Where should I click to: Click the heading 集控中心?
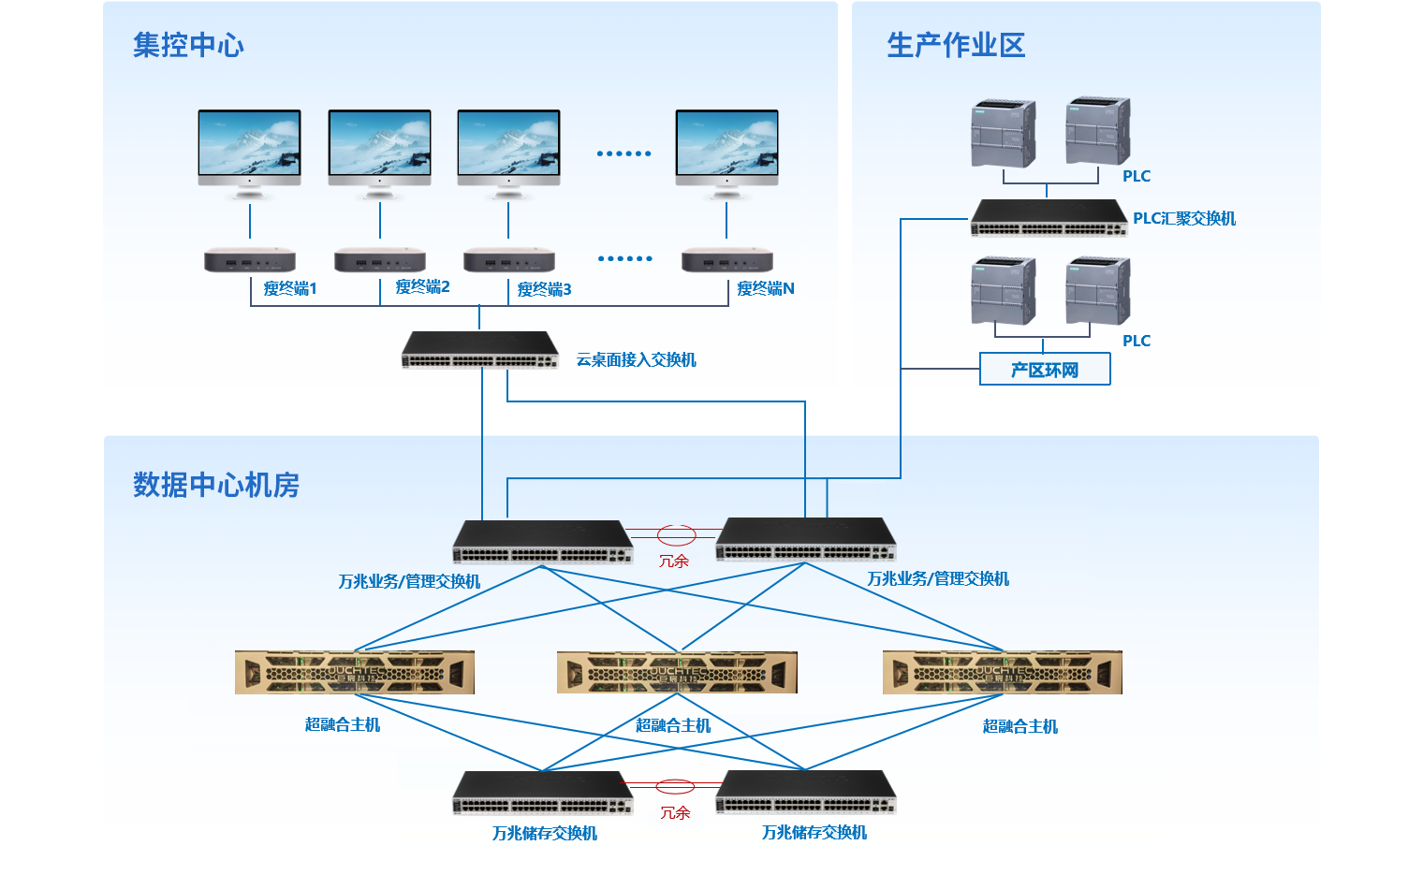[188, 45]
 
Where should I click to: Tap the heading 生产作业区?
[956, 45]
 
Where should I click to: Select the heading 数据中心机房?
[216, 485]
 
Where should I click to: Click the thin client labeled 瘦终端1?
[250, 259]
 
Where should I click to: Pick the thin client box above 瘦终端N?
[727, 259]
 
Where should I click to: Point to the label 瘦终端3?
[544, 289]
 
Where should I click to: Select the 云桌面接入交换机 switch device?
[480, 350]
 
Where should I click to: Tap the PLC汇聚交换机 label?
[1184, 218]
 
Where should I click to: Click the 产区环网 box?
[1045, 370]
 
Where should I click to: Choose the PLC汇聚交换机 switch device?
[1049, 218]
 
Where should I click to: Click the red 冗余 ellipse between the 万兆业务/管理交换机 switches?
[676, 535]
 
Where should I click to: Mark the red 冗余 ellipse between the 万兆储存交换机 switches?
[675, 786]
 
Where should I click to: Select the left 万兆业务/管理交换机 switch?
[543, 542]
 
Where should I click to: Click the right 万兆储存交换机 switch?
[806, 793]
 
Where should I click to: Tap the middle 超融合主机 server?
[677, 672]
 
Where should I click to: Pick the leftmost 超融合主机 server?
[355, 672]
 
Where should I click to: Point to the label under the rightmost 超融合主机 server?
[1020, 726]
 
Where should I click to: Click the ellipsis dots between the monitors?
[623, 153]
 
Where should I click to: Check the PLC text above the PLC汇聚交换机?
[1137, 176]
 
